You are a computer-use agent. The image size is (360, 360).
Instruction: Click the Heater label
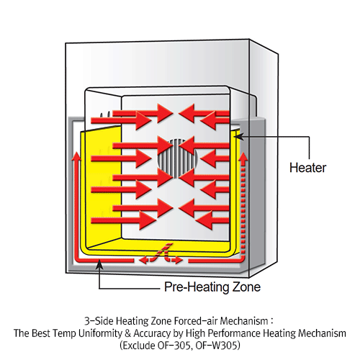click(307, 168)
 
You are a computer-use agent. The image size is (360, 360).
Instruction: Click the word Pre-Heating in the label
click(194, 287)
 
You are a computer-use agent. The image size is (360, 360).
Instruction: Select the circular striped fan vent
click(178, 158)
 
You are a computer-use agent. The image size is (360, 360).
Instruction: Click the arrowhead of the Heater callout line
click(238, 137)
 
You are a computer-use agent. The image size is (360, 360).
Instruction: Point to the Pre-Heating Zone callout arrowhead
click(99, 264)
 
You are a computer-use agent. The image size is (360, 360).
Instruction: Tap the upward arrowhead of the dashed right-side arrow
click(243, 157)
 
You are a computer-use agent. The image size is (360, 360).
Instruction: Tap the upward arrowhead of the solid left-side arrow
click(76, 156)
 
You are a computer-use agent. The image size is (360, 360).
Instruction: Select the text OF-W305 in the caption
click(216, 346)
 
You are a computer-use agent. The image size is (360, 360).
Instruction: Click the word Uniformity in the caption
click(100, 333)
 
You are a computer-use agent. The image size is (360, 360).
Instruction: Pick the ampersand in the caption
click(128, 333)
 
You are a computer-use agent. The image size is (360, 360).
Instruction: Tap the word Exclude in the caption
click(138, 346)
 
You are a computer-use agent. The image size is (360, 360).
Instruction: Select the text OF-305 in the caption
click(174, 346)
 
